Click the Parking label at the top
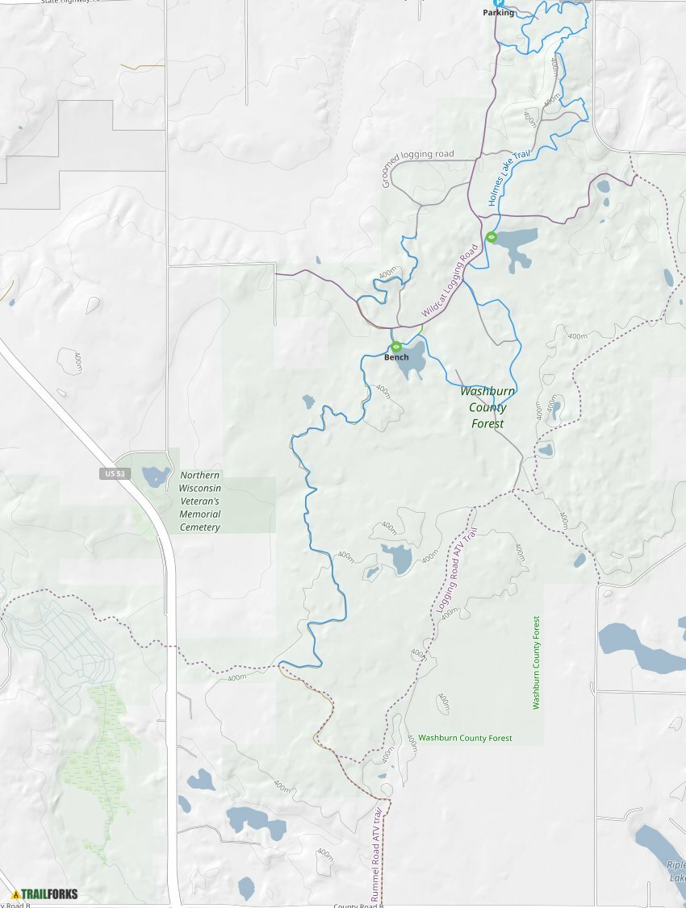[498, 13]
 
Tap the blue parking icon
[498, 2]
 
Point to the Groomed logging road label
[418, 168]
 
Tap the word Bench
[396, 357]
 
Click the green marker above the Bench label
[396, 347]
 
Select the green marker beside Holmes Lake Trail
[491, 236]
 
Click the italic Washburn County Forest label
[483, 407]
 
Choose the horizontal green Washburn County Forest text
[465, 738]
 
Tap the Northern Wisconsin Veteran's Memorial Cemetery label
[200, 501]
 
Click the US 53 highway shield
[114, 473]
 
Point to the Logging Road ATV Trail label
[457, 570]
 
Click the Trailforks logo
[45, 893]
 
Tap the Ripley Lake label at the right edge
[676, 871]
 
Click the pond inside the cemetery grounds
[155, 476]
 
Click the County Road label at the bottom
[356, 905]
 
